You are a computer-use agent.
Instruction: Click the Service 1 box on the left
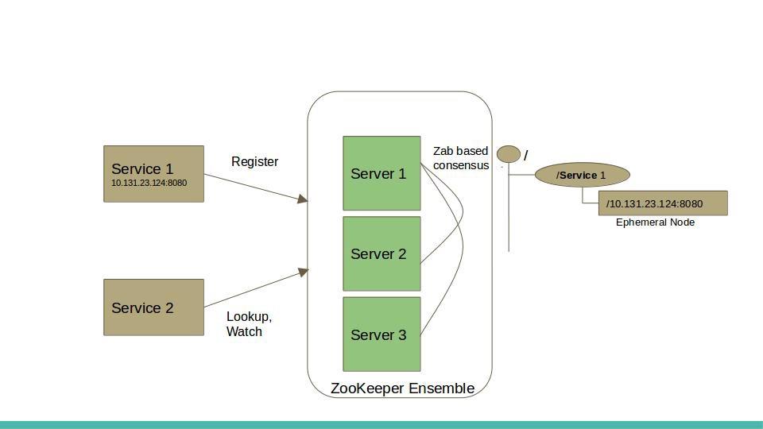click(x=153, y=174)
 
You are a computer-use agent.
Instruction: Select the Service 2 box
click(x=153, y=307)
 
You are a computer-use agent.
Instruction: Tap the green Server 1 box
click(x=381, y=173)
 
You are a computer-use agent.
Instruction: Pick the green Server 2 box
click(x=381, y=253)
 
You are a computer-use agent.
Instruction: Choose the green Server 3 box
click(x=381, y=334)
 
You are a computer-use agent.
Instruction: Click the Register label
click(x=254, y=162)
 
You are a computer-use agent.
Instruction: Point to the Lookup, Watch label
click(x=249, y=324)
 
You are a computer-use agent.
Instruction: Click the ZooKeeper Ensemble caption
click(x=402, y=388)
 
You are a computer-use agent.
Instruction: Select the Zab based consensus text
click(x=461, y=158)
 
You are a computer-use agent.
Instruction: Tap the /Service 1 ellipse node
click(x=582, y=175)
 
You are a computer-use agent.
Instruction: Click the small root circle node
click(x=509, y=154)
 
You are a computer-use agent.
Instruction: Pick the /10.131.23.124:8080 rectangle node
click(x=662, y=203)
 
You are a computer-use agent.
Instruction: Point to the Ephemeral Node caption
click(x=655, y=222)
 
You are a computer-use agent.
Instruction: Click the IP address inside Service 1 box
click(x=149, y=184)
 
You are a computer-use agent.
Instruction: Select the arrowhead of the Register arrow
click(x=303, y=199)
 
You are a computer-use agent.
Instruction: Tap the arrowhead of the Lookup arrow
click(x=303, y=272)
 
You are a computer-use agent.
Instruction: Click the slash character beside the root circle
click(x=525, y=157)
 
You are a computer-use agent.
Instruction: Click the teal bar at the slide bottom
click(x=381, y=424)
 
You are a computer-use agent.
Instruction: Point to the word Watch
click(x=244, y=332)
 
